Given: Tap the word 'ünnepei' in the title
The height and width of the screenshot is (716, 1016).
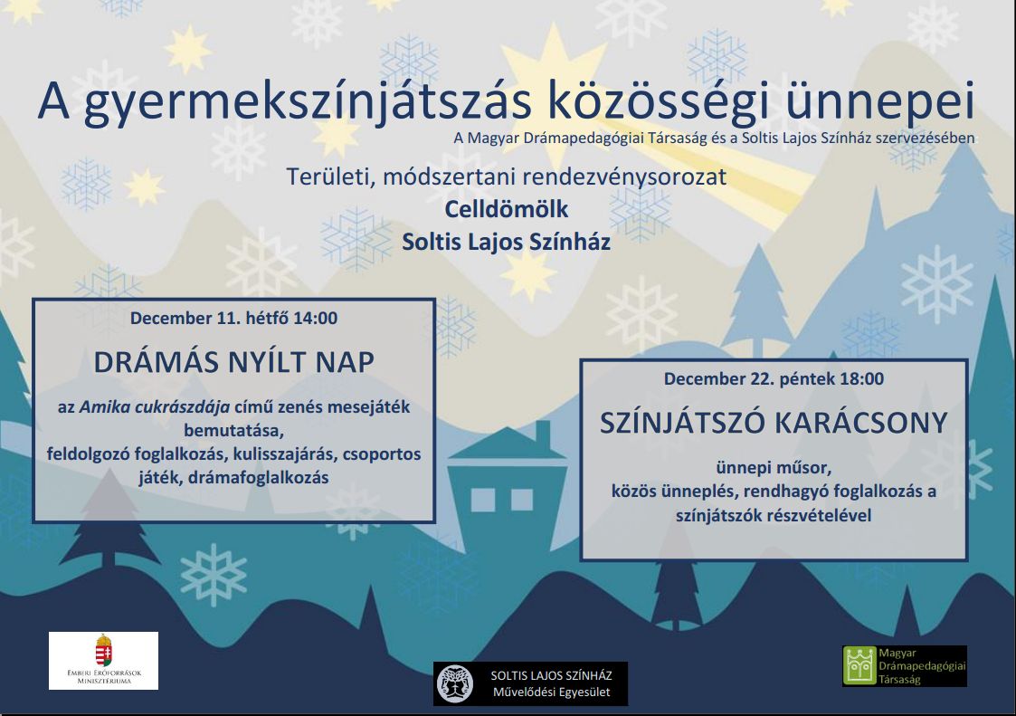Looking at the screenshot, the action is click(880, 101).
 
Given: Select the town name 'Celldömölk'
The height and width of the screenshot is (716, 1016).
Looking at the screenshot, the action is click(507, 209).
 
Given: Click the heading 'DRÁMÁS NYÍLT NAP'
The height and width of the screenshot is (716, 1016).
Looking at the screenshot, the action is click(234, 362).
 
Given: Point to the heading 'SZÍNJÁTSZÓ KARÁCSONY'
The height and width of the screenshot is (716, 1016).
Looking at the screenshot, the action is click(774, 423).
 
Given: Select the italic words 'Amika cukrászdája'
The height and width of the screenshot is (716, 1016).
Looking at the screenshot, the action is click(155, 407).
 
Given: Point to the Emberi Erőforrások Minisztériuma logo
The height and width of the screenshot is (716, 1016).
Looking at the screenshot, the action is click(104, 660).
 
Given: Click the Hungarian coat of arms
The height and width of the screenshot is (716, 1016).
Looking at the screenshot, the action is click(104, 651).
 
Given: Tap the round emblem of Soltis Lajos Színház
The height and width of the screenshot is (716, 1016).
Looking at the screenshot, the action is click(455, 683).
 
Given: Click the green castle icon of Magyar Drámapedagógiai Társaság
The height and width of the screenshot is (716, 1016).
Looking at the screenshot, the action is click(859, 666).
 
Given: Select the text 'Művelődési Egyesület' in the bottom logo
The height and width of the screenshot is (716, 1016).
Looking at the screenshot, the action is click(551, 692).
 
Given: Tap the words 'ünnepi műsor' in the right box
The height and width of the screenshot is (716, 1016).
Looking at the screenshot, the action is click(774, 468).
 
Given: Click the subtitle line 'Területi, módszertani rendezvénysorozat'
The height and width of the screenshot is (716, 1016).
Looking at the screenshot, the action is click(507, 177).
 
